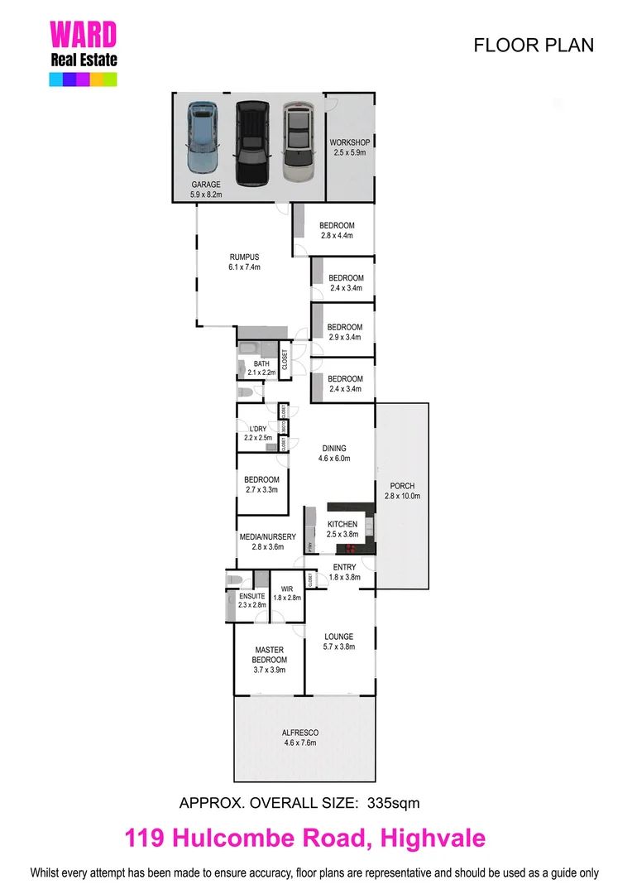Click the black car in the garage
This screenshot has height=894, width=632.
pyautogui.click(x=251, y=142)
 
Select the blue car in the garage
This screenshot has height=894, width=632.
pyautogui.click(x=203, y=137)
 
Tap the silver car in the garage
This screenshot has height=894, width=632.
pyautogui.click(x=299, y=142)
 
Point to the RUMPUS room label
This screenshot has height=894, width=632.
pyautogui.click(x=244, y=262)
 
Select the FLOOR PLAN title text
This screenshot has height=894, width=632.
pyautogui.click(x=533, y=45)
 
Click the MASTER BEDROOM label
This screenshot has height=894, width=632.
pyautogui.click(x=270, y=655)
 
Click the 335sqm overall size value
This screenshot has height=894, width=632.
pyautogui.click(x=396, y=802)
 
